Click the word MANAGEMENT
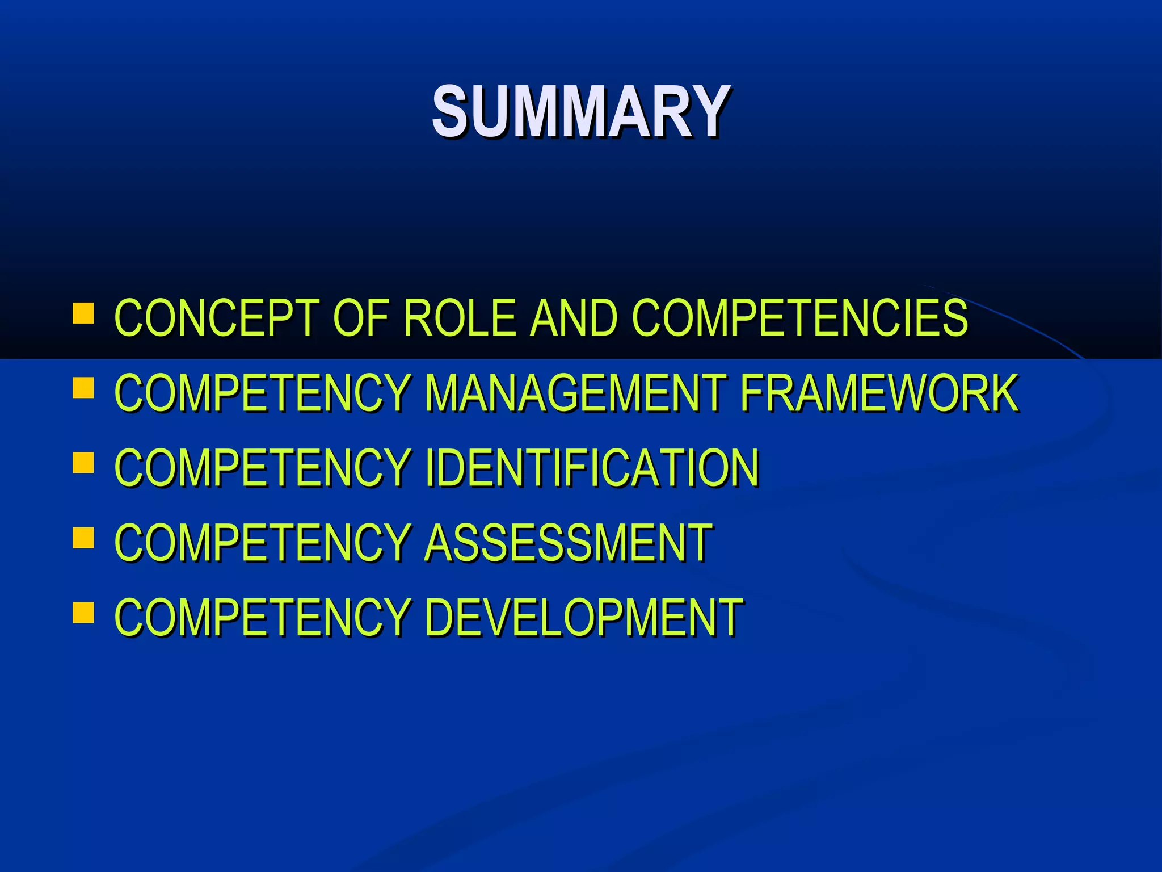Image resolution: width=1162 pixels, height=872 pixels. pos(575,392)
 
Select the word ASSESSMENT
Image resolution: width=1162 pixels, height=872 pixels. pos(568,542)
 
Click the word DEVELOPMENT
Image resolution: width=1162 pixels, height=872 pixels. pos(584,617)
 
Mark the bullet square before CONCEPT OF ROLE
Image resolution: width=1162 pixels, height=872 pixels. pos(83,313)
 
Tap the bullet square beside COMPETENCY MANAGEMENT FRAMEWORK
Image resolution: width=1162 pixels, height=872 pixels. pos(83,388)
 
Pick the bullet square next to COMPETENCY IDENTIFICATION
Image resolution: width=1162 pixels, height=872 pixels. pos(83,463)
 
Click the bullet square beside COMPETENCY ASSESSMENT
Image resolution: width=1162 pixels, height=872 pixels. pos(83,538)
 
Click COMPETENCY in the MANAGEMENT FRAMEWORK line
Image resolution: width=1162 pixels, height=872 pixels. pos(262,392)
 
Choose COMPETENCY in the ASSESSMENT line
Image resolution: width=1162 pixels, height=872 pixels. pos(262,542)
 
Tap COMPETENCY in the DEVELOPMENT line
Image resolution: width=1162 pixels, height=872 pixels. pos(262,617)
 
